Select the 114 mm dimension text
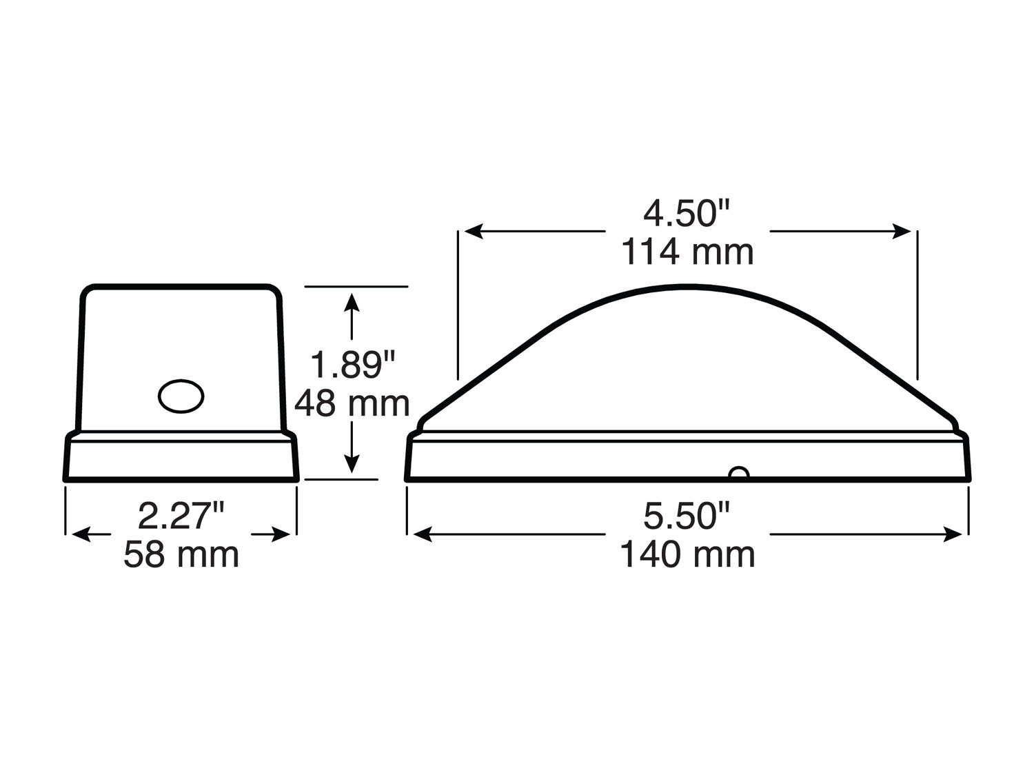point(687,252)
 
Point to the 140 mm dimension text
point(687,554)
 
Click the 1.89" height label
point(353,365)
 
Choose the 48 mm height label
point(352,403)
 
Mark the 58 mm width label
point(181,554)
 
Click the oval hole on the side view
point(181,396)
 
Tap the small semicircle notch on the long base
point(738,473)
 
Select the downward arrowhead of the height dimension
point(353,465)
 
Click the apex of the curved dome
point(687,285)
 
